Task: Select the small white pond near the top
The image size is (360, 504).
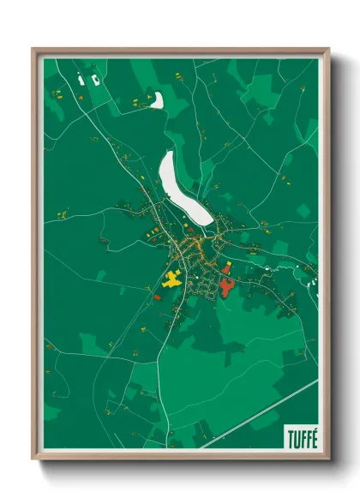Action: point(157,100)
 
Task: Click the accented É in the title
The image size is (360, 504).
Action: point(314,434)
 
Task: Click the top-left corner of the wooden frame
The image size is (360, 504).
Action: point(33,49)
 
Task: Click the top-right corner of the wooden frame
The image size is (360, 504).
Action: point(328,49)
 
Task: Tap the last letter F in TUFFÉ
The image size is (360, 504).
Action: point(306,435)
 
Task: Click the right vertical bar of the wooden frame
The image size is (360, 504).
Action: point(327,257)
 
